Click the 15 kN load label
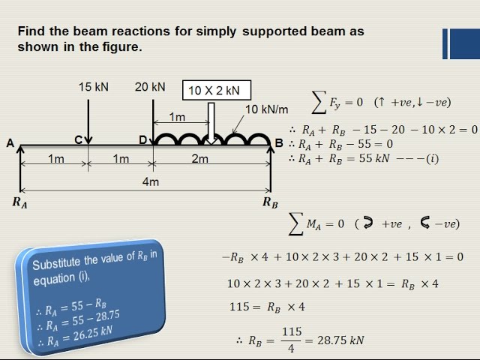(x=93, y=87)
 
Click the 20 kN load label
(x=150, y=87)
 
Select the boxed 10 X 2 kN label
(x=217, y=90)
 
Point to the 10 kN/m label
(x=267, y=109)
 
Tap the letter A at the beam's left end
(x=10, y=143)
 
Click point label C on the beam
(x=79, y=140)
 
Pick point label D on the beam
(x=143, y=140)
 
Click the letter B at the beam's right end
(x=279, y=143)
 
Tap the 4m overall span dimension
(x=151, y=181)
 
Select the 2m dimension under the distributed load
(x=200, y=158)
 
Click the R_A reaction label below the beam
(x=20, y=202)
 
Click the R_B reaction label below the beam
(x=270, y=202)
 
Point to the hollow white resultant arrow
(x=211, y=123)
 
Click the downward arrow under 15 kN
(x=88, y=121)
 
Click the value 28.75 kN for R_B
(x=340, y=340)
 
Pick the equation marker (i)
(x=433, y=158)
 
